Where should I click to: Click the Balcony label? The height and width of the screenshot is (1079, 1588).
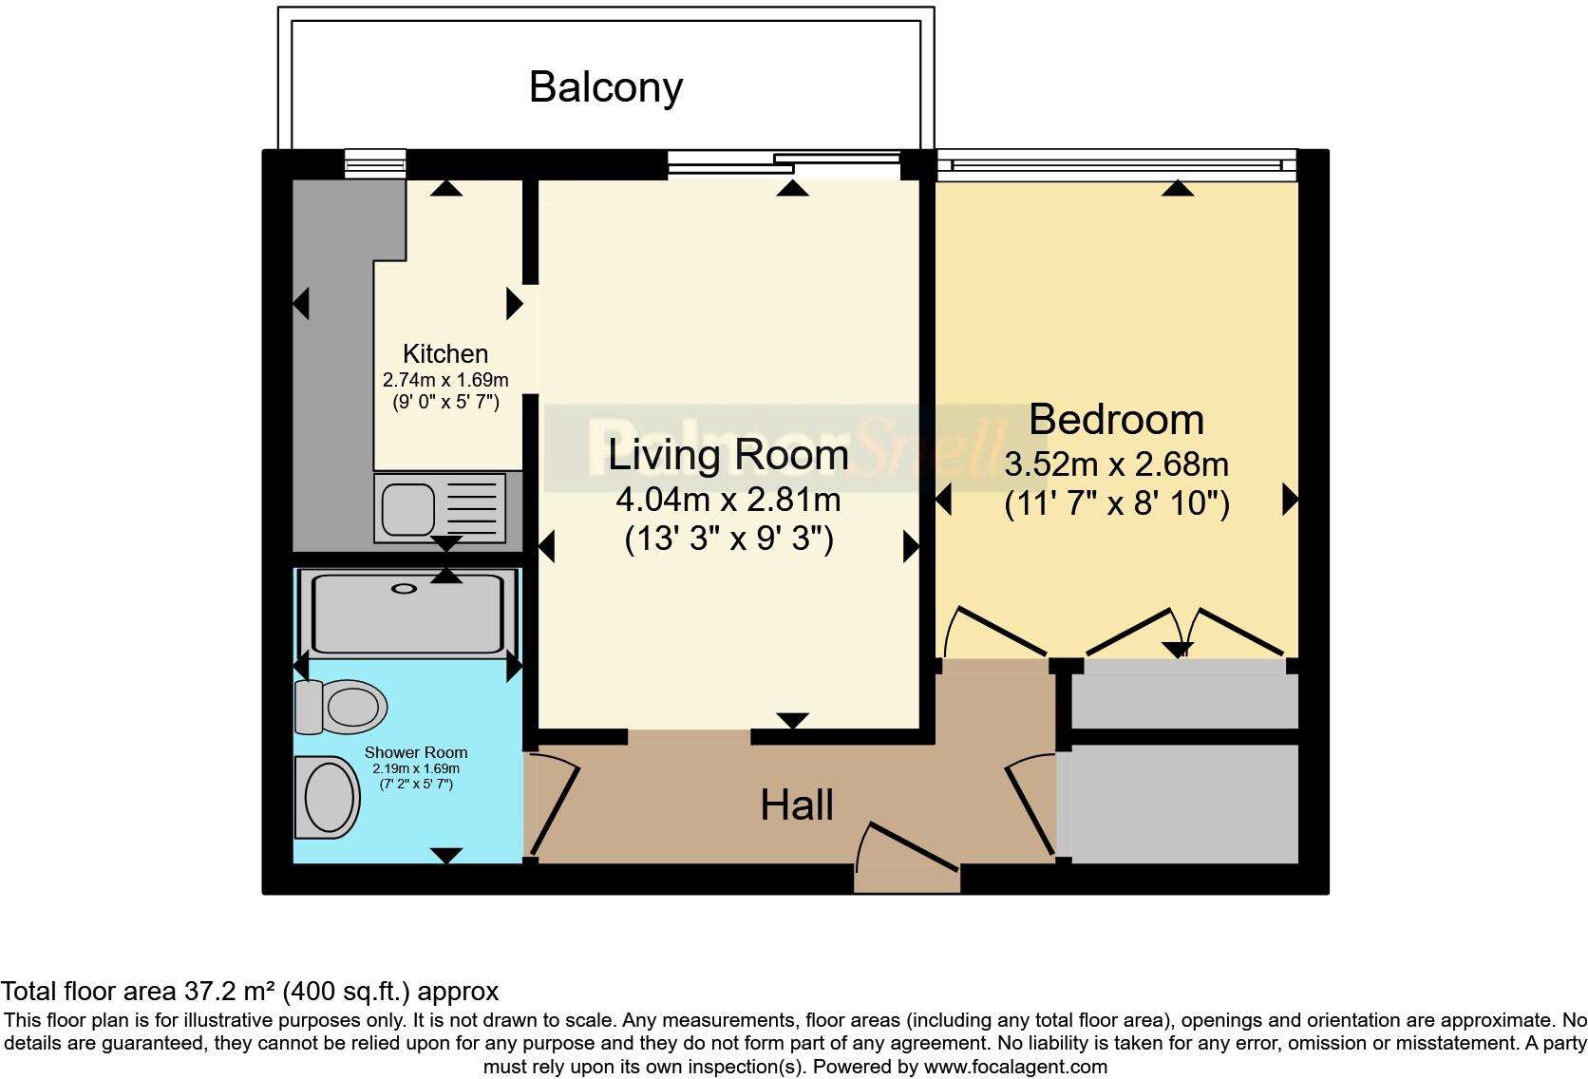pos(605,87)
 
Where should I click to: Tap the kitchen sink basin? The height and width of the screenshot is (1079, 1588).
pos(407,509)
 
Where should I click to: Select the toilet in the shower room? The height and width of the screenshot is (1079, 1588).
pos(341,707)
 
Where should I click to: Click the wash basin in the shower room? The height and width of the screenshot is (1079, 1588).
pos(327,797)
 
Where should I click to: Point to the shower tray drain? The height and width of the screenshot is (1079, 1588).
pos(404,589)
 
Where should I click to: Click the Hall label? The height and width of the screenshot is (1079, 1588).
pos(796,805)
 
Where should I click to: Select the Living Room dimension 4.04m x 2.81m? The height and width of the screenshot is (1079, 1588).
pos(728,500)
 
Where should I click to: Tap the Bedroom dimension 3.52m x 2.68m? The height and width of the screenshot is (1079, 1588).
pos(1116,464)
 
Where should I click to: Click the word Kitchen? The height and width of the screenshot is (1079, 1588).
pos(445,353)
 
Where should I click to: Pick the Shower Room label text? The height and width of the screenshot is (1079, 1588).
pos(415,752)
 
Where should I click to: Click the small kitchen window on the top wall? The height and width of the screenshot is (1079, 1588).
pos(375,163)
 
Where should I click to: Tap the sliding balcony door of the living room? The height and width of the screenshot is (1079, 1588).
pos(784,163)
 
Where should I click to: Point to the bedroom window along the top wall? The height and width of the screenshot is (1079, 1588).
pos(1117,164)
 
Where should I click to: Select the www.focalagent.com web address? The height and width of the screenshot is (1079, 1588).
pos(1015,1067)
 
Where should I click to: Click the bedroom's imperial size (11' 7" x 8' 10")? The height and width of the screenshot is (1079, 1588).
pos(1117,503)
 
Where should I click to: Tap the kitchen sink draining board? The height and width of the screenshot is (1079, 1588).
pos(471,507)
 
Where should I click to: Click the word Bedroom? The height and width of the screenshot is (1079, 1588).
pos(1116,419)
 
